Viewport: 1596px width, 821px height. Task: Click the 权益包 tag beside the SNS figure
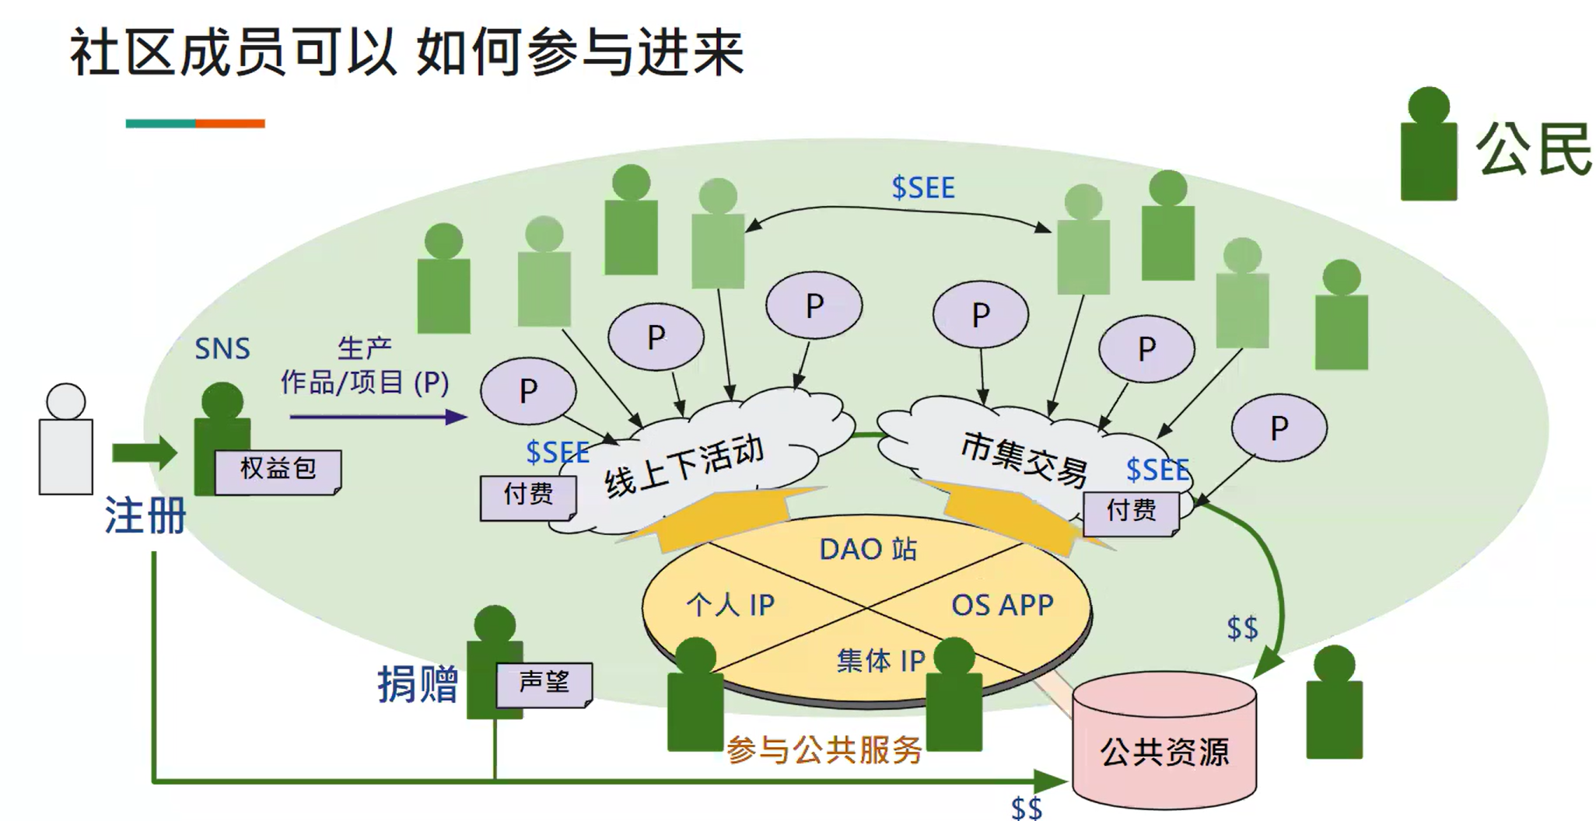click(278, 470)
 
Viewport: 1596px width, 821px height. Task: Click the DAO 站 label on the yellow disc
click(868, 550)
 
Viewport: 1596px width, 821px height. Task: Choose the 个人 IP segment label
click(730, 605)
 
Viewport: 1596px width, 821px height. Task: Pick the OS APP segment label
click(1002, 605)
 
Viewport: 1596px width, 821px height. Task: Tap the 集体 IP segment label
click(880, 661)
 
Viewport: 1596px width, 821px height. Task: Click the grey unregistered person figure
click(66, 442)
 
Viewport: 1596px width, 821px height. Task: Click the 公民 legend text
click(1533, 150)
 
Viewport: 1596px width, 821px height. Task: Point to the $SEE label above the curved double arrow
click(922, 188)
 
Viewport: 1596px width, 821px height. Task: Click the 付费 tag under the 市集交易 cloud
click(1131, 512)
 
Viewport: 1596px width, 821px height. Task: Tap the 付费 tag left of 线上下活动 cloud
click(527, 495)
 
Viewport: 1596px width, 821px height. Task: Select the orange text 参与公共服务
click(824, 750)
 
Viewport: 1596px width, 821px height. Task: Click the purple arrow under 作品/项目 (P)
click(378, 417)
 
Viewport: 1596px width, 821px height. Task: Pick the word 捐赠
click(418, 685)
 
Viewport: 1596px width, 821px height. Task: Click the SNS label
click(222, 349)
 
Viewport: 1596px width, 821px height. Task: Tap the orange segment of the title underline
click(230, 124)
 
